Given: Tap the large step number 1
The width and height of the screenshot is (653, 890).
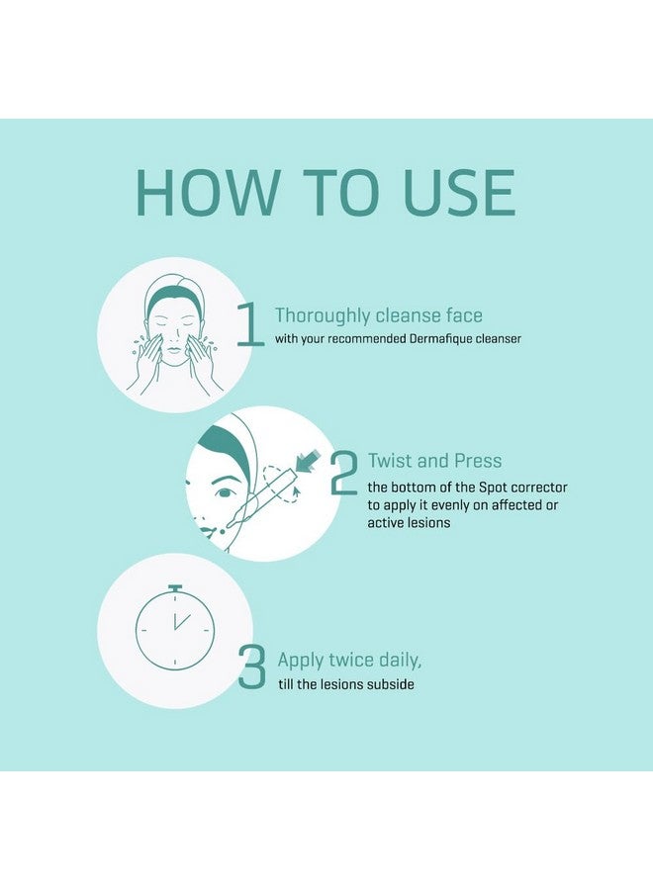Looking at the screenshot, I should click(x=250, y=325).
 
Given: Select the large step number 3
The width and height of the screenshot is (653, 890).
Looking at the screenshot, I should click(x=252, y=668).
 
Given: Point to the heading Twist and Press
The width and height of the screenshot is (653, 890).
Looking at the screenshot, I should click(x=434, y=460).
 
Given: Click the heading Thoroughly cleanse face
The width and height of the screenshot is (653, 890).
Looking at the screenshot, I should click(x=378, y=315).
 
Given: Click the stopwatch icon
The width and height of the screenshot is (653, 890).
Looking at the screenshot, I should click(x=175, y=629).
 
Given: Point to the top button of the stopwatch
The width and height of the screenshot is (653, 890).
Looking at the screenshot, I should click(x=175, y=587).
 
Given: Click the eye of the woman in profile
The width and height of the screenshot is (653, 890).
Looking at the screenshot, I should click(x=227, y=491).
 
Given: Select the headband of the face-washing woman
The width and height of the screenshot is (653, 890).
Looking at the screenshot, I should click(x=175, y=294).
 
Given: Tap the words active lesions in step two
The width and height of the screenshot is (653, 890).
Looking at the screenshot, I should click(x=409, y=522).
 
